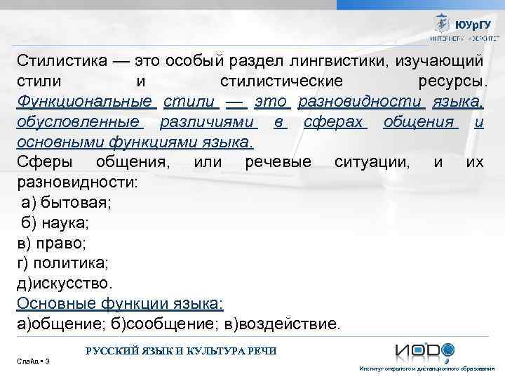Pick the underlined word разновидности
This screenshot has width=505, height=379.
click(361, 102)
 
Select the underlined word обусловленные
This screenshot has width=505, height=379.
click(79, 123)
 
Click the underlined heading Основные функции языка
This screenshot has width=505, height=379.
click(119, 305)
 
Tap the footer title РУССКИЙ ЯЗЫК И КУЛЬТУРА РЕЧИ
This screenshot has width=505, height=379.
click(180, 350)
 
